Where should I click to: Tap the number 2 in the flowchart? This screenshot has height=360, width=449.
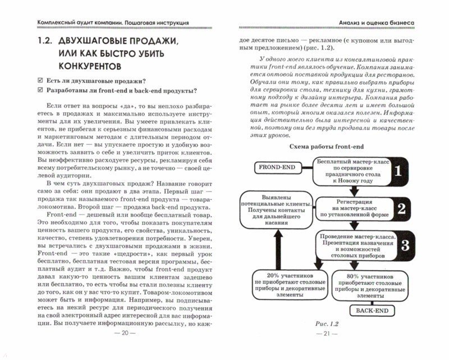400,208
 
